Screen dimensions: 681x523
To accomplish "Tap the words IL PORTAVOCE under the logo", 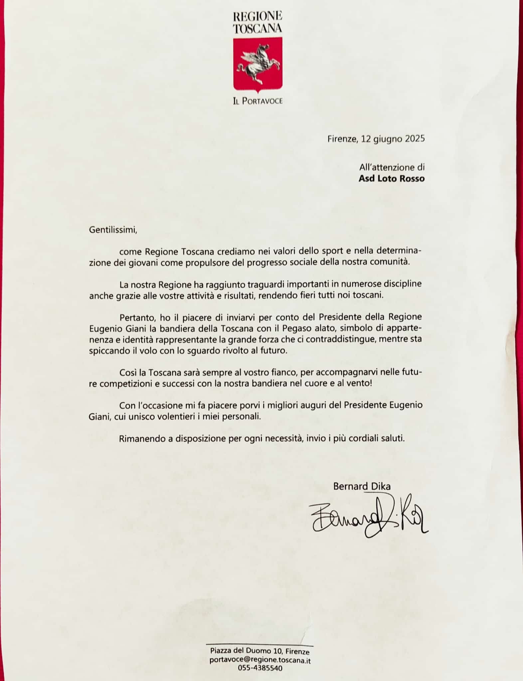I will [x=258, y=101].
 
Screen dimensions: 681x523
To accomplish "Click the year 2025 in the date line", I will [x=415, y=139].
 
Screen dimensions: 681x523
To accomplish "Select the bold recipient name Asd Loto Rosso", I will [x=392, y=179].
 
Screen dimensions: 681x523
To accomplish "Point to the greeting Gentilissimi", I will [x=113, y=230].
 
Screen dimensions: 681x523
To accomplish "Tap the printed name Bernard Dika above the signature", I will [x=362, y=486].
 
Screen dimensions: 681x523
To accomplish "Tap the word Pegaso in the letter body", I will [x=289, y=329].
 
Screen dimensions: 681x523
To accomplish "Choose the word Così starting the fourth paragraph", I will [x=127, y=371].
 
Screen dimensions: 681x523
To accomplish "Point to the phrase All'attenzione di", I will [x=392, y=167].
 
